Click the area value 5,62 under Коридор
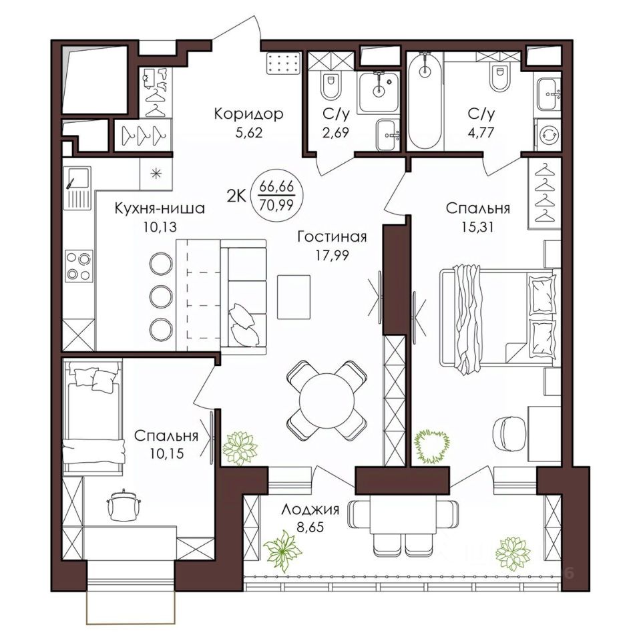[x=249, y=133]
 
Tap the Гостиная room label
[x=332, y=236]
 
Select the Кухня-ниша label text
[x=160, y=208]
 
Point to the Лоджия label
[x=310, y=509]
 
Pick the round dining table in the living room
[x=327, y=400]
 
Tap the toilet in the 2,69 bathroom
[x=331, y=85]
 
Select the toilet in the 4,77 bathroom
[x=500, y=76]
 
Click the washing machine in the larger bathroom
[x=548, y=134]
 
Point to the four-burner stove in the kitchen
[x=79, y=266]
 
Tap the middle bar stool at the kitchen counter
[x=161, y=296]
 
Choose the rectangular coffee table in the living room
[x=294, y=297]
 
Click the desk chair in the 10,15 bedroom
[x=123, y=505]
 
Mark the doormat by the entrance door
[x=283, y=64]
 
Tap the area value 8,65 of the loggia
[x=310, y=527]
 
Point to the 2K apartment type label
[x=236, y=196]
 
